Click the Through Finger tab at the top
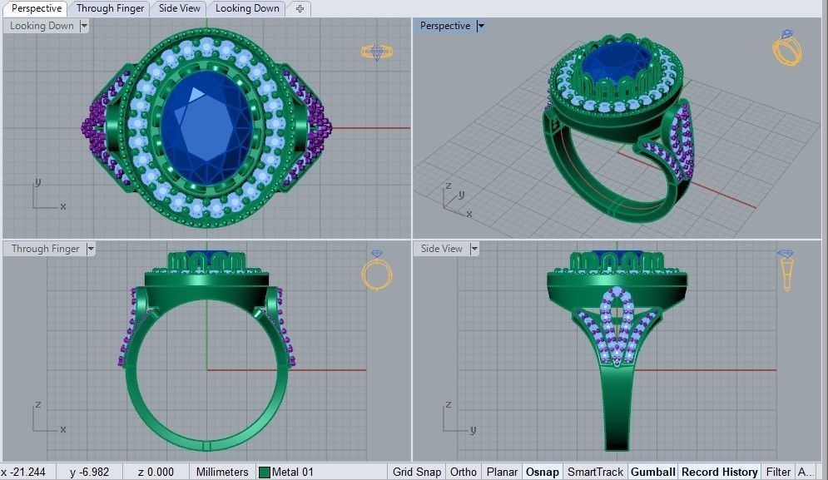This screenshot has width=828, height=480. coord(110,8)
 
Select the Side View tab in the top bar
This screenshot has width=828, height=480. coord(179,8)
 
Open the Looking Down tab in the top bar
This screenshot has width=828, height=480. coord(247,8)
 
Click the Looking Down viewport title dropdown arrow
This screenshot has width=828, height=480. coord(84,26)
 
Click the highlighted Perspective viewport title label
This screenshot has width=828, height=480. coord(444,26)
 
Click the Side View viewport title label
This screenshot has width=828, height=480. coord(441,249)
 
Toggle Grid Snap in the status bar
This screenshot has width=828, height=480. coord(417,472)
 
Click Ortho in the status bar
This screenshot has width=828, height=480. coord(464,472)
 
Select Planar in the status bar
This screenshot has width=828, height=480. coord(502,472)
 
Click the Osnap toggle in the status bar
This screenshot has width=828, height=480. coord(542,472)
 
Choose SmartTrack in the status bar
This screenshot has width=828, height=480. coord(595,472)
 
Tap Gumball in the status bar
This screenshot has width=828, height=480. coord(652,472)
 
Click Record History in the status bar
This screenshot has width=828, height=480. coord(719,472)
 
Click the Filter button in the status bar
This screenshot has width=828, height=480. coord(778,472)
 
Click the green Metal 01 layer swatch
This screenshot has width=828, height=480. coord(265,473)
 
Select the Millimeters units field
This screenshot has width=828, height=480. coord(221,472)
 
